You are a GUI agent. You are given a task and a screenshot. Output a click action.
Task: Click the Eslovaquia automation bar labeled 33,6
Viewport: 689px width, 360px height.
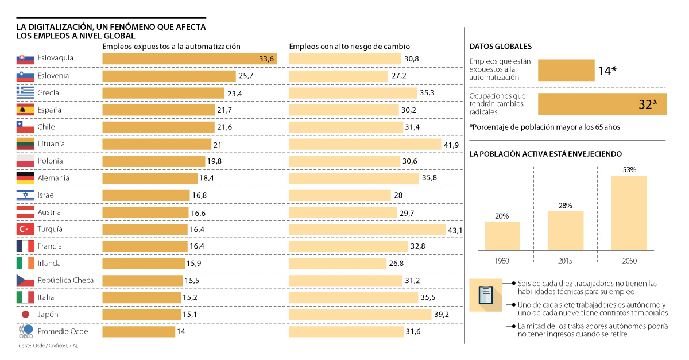(x=189, y=59)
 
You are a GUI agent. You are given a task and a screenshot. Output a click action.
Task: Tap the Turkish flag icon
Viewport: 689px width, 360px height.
(x=25, y=229)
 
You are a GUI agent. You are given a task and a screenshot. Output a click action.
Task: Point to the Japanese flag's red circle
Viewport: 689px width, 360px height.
(x=25, y=315)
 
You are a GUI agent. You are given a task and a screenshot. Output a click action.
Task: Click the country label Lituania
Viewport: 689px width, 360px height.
(x=51, y=144)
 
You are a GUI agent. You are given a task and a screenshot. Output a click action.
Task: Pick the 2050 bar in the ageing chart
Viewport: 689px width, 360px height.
(x=629, y=213)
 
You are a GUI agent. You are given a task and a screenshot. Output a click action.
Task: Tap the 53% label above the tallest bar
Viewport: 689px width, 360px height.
(x=629, y=170)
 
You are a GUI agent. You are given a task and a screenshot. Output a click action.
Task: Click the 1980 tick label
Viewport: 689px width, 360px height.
(x=502, y=261)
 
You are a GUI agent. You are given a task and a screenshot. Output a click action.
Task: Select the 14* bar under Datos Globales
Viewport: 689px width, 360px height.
(x=566, y=70)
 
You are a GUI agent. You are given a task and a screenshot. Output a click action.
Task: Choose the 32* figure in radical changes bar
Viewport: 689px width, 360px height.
(x=648, y=104)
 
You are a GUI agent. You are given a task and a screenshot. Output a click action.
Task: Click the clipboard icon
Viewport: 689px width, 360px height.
(x=485, y=295)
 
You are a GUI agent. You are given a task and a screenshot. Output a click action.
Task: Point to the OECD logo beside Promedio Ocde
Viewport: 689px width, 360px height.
(x=25, y=331)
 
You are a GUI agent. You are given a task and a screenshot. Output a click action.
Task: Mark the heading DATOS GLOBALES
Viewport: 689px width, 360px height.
(x=500, y=47)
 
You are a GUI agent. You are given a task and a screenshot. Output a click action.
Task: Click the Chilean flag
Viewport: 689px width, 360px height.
(x=25, y=127)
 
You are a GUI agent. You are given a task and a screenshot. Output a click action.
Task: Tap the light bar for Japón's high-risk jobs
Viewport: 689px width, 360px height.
(x=360, y=315)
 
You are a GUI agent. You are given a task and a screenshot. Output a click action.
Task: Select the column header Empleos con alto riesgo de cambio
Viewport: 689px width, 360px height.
(x=349, y=47)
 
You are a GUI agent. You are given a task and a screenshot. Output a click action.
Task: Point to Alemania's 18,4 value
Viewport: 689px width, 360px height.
(x=207, y=178)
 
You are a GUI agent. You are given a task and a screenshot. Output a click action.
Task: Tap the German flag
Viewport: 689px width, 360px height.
(x=25, y=178)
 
